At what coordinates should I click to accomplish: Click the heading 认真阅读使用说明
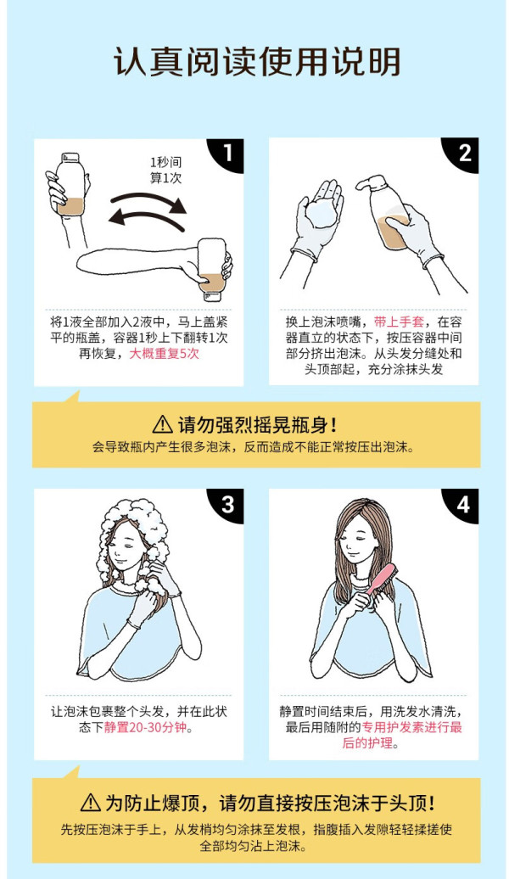(x=257, y=61)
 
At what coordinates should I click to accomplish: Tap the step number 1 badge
(x=228, y=153)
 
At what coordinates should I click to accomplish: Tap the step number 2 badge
(x=463, y=153)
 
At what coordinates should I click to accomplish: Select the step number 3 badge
(x=228, y=504)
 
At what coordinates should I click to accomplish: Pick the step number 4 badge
(x=463, y=504)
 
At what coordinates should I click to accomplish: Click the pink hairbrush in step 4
(x=382, y=580)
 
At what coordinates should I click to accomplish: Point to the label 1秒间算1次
(x=166, y=171)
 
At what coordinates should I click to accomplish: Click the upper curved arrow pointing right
(x=149, y=201)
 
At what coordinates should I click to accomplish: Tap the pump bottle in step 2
(x=386, y=211)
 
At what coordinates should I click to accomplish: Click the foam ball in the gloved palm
(x=322, y=212)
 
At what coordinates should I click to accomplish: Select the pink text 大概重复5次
(x=165, y=354)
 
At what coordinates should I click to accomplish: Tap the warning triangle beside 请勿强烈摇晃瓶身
(x=163, y=424)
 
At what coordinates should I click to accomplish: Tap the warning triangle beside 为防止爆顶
(x=90, y=803)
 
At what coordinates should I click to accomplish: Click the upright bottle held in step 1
(x=72, y=184)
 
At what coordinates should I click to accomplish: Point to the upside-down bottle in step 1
(x=212, y=266)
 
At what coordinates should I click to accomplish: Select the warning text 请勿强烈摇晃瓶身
(x=258, y=424)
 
